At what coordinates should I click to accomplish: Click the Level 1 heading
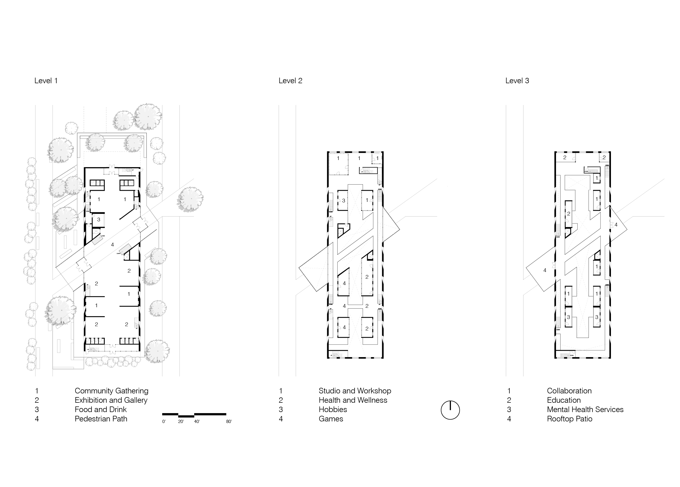pyautogui.click(x=46, y=81)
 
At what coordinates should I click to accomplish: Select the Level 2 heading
pyautogui.click(x=290, y=81)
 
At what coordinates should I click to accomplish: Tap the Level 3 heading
pyautogui.click(x=517, y=81)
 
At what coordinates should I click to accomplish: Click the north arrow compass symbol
pyautogui.click(x=450, y=410)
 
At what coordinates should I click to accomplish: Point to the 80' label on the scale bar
pyautogui.click(x=229, y=422)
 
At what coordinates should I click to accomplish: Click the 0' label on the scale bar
pyautogui.click(x=164, y=422)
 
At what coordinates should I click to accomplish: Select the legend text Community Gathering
pyautogui.click(x=111, y=391)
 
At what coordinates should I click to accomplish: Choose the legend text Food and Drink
pyautogui.click(x=101, y=409)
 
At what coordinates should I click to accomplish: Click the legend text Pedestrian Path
pyautogui.click(x=101, y=419)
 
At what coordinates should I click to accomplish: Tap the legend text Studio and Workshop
pyautogui.click(x=355, y=391)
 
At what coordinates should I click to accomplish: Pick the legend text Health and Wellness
pyautogui.click(x=353, y=400)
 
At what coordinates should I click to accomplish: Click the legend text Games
pyautogui.click(x=331, y=419)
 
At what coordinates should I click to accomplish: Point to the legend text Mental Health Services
pyautogui.click(x=585, y=409)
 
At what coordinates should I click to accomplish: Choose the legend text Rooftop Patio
pyautogui.click(x=570, y=419)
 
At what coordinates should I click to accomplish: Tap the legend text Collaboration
pyautogui.click(x=569, y=391)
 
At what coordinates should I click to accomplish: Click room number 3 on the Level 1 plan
pyautogui.click(x=98, y=220)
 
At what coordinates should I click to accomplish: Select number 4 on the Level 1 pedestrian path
pyautogui.click(x=113, y=245)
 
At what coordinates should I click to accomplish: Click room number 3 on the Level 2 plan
pyautogui.click(x=343, y=201)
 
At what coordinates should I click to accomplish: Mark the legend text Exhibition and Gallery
pyautogui.click(x=111, y=400)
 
